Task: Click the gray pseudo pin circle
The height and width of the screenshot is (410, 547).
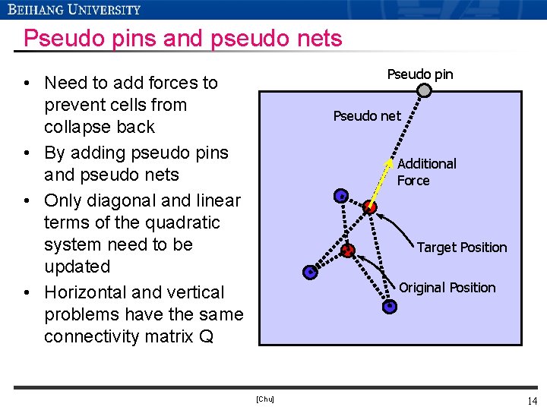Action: click(425, 91)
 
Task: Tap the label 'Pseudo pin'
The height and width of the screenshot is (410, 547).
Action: click(419, 74)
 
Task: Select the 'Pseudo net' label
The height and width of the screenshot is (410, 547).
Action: click(366, 116)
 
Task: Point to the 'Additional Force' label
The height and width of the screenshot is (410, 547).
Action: click(426, 172)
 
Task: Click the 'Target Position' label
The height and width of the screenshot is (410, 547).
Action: click(461, 248)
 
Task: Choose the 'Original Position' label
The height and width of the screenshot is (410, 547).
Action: click(447, 288)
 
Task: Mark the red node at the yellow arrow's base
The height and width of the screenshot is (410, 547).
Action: click(370, 207)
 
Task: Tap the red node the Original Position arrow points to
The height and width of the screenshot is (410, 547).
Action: click(348, 251)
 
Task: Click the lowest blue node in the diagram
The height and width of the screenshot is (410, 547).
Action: click(389, 307)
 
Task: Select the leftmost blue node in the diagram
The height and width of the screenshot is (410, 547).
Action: click(309, 271)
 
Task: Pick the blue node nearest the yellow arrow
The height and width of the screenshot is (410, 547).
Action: click(341, 196)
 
